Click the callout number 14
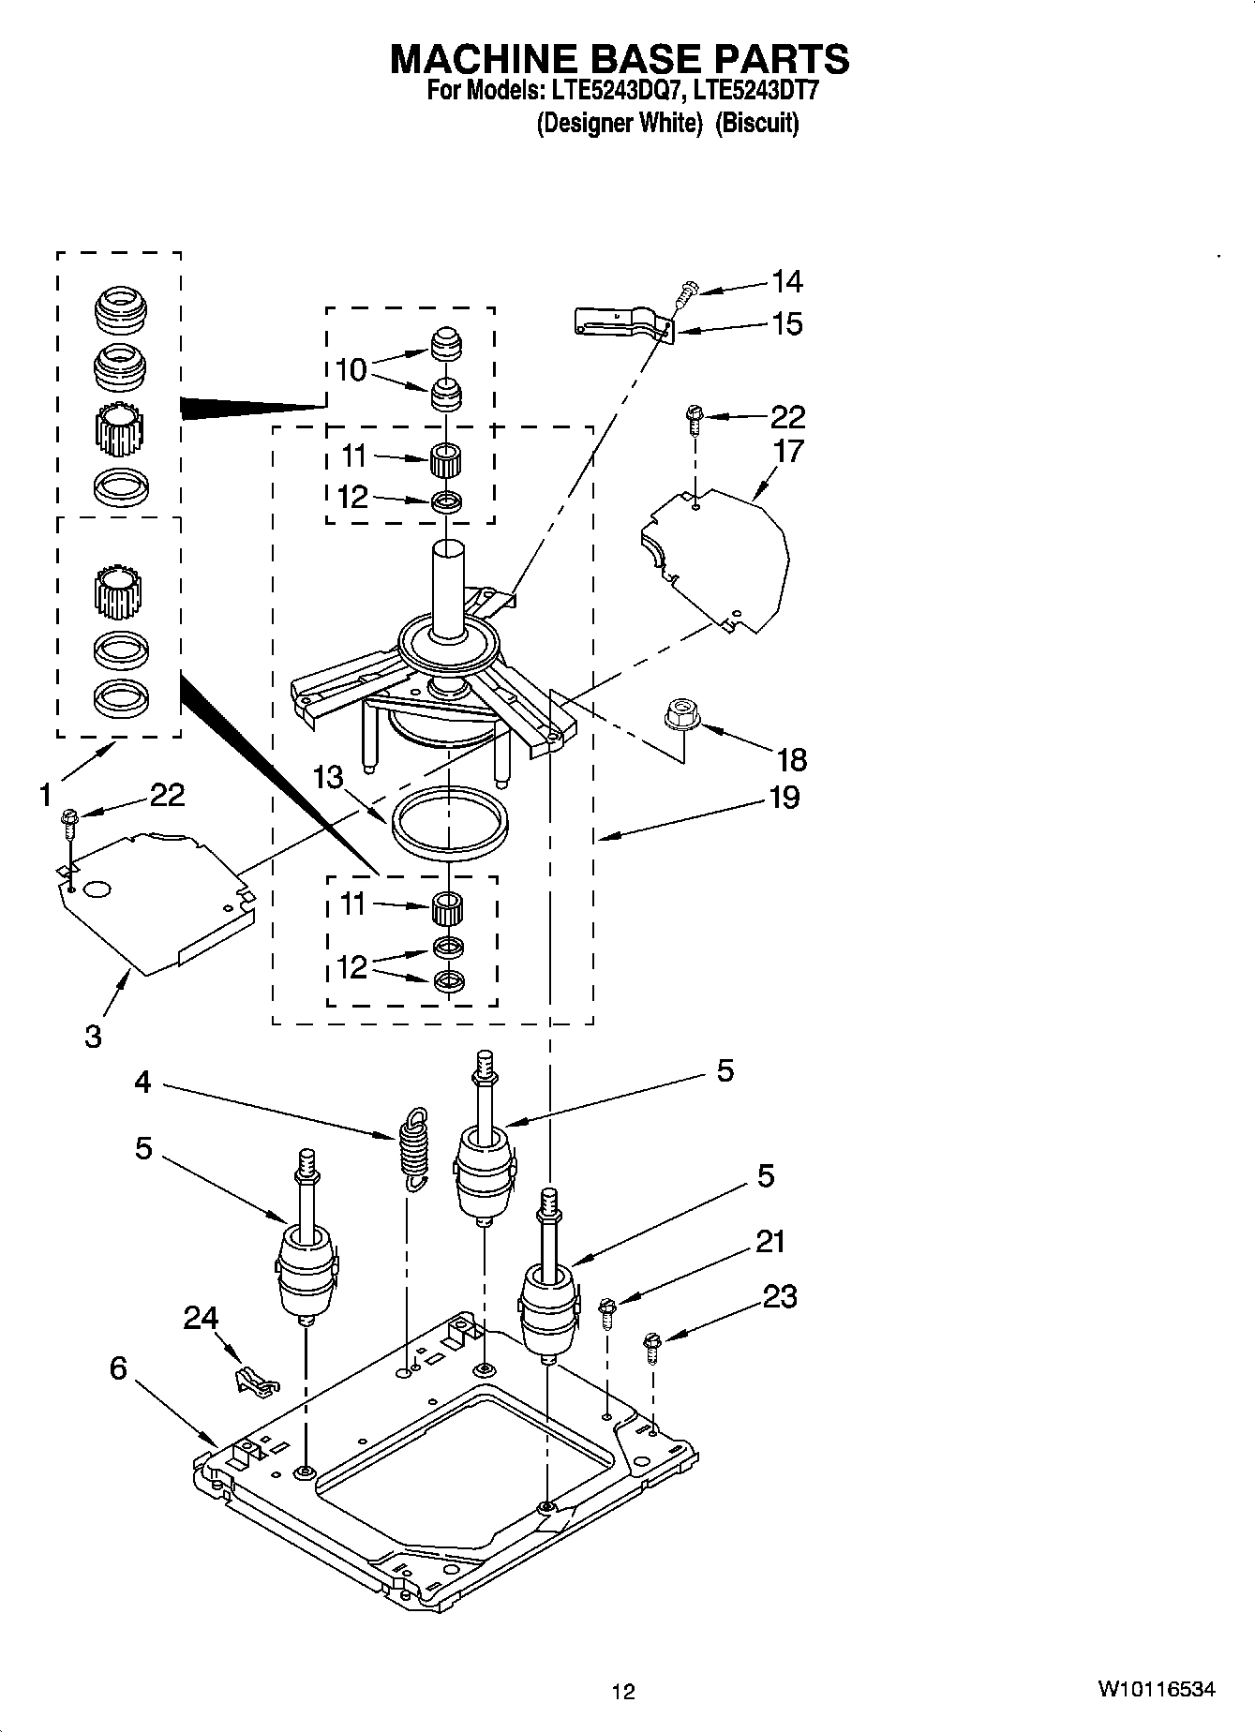[786, 281]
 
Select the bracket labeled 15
[620, 321]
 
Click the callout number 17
[788, 451]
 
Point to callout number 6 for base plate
[118, 1367]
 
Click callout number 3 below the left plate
[93, 1038]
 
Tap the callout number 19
[784, 798]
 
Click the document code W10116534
[1157, 1689]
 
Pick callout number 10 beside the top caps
[351, 370]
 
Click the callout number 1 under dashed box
[45, 796]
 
